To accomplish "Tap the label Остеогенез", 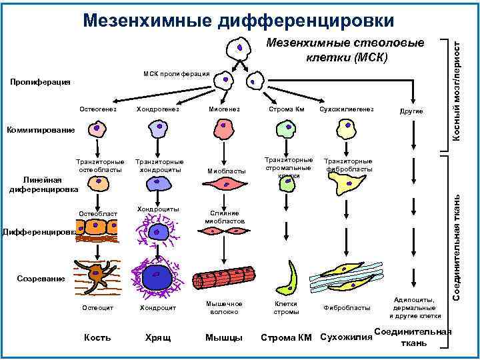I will tap(97, 109).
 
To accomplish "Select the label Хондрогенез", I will tap(158, 109).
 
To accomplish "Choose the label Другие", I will tap(410, 110).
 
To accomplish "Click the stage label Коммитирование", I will tap(41, 129).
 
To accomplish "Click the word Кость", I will tap(97, 337).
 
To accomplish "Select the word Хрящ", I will tap(158, 337).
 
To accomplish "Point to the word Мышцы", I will tap(224, 337).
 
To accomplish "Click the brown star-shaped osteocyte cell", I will tap(99, 274).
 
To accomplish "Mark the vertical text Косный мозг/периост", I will tap(457, 87).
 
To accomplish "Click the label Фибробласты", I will tap(347, 308).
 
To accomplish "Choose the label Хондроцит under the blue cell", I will tap(158, 308).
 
